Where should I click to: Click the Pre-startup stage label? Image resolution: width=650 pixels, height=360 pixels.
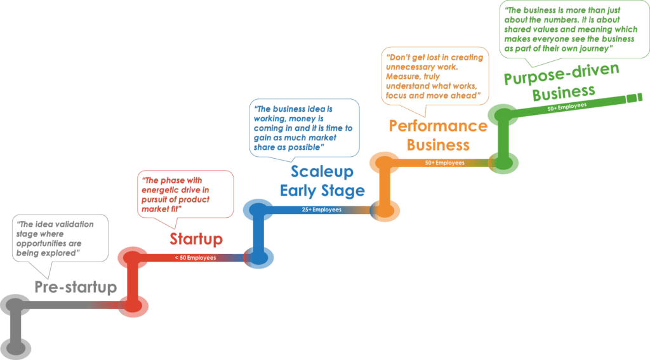(x=76, y=287)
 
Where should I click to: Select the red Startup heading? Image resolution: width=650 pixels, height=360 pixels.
(x=196, y=239)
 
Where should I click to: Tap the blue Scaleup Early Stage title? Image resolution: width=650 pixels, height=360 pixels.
(x=322, y=182)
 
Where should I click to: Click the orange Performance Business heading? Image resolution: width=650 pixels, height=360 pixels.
(x=438, y=135)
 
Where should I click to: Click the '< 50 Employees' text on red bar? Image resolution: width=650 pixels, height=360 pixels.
(x=196, y=258)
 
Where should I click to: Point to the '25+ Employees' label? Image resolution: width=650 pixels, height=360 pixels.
(x=321, y=210)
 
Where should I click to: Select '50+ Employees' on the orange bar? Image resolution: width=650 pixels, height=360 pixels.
(x=444, y=163)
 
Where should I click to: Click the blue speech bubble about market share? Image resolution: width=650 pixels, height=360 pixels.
(x=304, y=128)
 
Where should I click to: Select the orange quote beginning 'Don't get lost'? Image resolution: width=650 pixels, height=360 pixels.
(x=435, y=75)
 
